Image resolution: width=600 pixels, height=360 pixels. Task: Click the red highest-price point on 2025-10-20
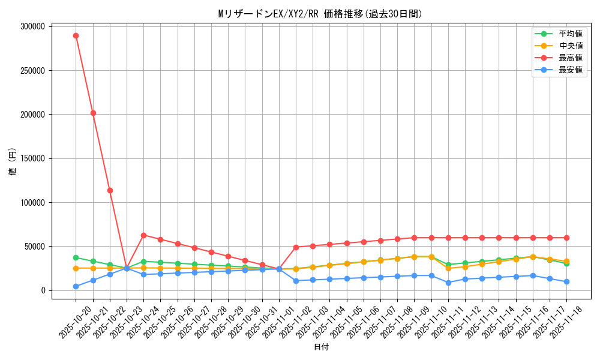[76, 35]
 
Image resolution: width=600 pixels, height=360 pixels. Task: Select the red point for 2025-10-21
[93, 113]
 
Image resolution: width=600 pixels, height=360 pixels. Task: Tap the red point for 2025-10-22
[110, 190]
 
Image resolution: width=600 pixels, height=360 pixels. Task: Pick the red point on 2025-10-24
[143, 235]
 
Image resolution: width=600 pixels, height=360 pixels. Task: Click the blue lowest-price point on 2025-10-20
[76, 286]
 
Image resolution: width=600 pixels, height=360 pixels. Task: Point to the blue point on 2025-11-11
[448, 283]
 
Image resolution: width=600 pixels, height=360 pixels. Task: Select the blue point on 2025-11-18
[566, 281]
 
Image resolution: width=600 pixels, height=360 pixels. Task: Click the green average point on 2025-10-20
[76, 257]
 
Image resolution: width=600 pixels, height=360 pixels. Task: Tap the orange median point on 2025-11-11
[448, 268]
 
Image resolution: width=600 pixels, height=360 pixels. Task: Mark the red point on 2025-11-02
[296, 247]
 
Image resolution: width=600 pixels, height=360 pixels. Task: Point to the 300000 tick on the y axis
[32, 26]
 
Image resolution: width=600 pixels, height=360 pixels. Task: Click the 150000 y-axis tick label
[32, 158]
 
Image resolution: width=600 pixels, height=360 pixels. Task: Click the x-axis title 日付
[321, 347]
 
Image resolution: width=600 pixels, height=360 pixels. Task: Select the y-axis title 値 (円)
[13, 162]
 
